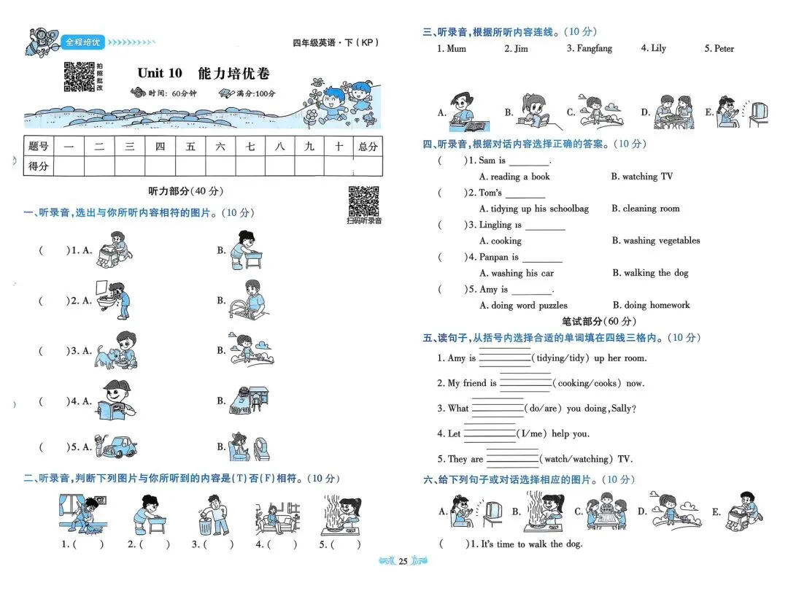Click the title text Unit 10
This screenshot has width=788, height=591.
(x=160, y=73)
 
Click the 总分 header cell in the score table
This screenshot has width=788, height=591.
(x=368, y=147)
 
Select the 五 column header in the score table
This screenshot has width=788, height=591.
(x=190, y=147)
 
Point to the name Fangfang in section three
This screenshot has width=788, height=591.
(x=589, y=49)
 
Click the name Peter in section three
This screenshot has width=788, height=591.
(x=719, y=49)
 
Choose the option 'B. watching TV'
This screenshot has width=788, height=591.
(x=642, y=177)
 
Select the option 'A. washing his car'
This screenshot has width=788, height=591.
(x=516, y=273)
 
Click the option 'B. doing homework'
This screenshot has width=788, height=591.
(x=651, y=305)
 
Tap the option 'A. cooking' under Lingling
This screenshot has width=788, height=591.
(x=500, y=241)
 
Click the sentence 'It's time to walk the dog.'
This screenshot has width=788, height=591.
(x=530, y=544)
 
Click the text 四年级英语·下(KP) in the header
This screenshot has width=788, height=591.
(x=336, y=43)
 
